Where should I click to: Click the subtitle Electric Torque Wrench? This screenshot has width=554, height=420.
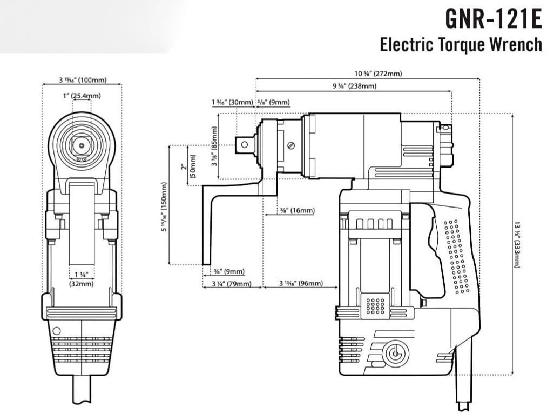[x=461, y=44]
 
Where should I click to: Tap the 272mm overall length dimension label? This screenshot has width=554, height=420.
[x=378, y=74]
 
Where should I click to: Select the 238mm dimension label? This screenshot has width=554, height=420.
[x=354, y=86]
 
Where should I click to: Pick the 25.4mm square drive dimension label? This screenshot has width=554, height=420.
[x=82, y=95]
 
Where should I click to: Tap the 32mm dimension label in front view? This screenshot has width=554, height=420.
[x=82, y=279]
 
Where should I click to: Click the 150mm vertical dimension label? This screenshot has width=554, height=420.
[x=164, y=206]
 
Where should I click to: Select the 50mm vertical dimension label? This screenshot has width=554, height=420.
[x=184, y=164]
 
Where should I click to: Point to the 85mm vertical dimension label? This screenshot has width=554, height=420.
[x=214, y=146]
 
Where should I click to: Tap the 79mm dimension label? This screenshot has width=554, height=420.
[x=231, y=284]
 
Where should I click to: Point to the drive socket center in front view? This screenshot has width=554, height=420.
[x=82, y=145]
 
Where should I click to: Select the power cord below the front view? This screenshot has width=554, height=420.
[x=82, y=391]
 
